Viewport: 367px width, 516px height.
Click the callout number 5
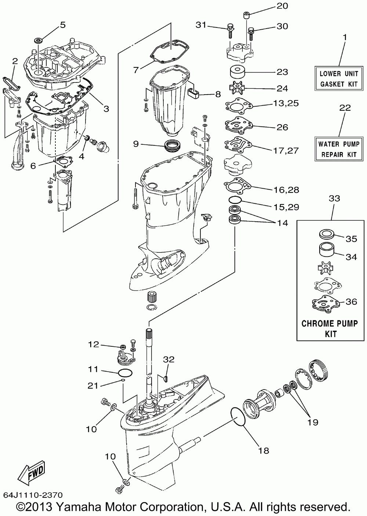(x=63, y=25)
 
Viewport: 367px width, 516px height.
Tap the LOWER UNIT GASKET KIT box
(x=339, y=78)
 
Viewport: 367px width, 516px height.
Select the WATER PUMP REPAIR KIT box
(x=339, y=149)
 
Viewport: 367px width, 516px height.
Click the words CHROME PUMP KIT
(x=330, y=328)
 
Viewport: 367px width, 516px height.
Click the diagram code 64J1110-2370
(x=33, y=495)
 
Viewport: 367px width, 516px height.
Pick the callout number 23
(x=282, y=72)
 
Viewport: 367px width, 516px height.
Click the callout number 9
(x=136, y=144)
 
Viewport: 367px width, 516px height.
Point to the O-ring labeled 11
(x=125, y=373)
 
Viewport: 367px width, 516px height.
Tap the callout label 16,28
(x=286, y=190)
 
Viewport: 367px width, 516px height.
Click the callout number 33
(x=334, y=198)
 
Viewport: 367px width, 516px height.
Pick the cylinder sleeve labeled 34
(x=327, y=249)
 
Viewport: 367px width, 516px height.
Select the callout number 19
(x=313, y=422)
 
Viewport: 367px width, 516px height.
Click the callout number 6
(x=33, y=166)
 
